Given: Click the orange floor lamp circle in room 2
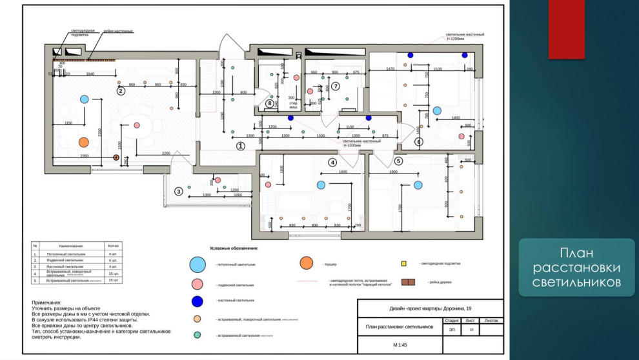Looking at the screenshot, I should click(83, 142).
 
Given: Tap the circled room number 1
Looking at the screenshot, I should click(241, 146).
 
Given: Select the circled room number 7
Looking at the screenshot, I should click(336, 86).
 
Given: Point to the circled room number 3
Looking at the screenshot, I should click(179, 191).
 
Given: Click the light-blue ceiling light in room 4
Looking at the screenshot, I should click(321, 185).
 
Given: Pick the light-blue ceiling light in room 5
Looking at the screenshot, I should click(418, 185).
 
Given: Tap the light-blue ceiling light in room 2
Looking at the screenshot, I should click(83, 99).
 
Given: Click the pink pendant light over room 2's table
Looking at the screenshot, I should click(137, 126).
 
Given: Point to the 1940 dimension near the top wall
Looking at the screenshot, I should click(90, 74).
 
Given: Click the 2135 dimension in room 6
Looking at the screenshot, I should click(438, 69).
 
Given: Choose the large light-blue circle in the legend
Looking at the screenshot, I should click(198, 265).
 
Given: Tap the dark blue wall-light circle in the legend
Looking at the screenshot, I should click(198, 300).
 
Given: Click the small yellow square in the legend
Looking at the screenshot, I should click(403, 264).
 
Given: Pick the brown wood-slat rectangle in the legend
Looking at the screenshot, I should click(408, 283).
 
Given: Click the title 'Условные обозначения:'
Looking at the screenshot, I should click(234, 248).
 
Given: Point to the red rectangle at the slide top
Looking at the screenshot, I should click(567, 29).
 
